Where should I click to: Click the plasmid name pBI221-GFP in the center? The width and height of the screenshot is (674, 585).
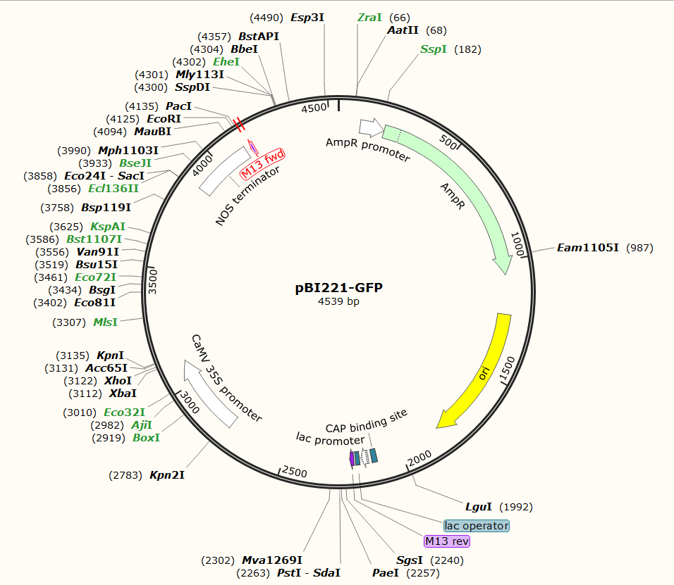click(x=338, y=288)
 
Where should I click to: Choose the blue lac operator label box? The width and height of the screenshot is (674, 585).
click(x=477, y=526)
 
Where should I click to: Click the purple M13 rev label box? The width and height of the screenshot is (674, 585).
click(x=446, y=541)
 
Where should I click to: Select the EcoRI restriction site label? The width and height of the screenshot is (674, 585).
click(x=164, y=119)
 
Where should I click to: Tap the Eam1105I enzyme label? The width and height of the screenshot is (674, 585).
click(x=587, y=248)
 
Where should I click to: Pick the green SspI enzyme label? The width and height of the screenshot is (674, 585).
click(x=434, y=49)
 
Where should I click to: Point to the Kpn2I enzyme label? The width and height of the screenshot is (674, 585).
click(x=167, y=475)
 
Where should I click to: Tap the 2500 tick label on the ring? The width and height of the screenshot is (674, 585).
click(x=295, y=472)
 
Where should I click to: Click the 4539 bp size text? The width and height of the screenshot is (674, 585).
click(x=338, y=302)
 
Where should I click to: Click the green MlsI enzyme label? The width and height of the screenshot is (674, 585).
click(x=106, y=322)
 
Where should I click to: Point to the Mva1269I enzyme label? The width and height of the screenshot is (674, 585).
click(x=272, y=560)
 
